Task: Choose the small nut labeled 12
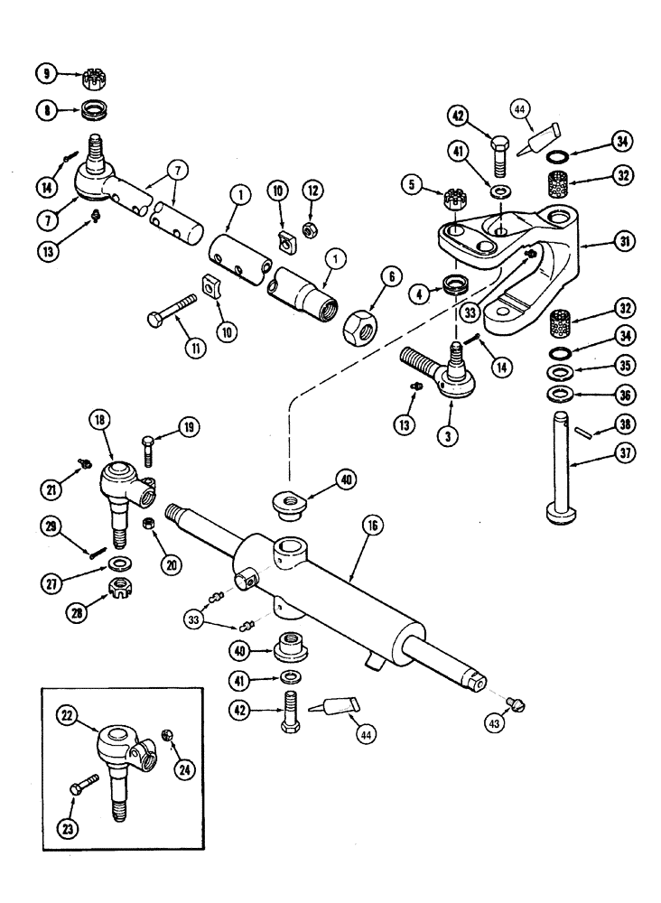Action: (308, 232)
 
